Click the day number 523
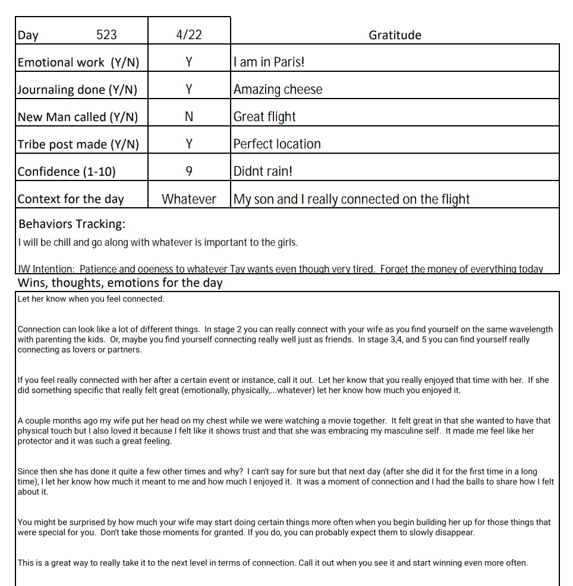point(106,35)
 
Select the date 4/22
point(189,35)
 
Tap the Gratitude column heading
point(395,35)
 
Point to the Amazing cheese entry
point(278,90)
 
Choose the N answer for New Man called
point(189,117)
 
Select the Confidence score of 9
point(189,172)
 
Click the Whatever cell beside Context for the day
point(189,199)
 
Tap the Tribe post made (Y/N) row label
point(78,144)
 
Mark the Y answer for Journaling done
point(189,90)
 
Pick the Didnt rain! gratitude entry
point(263,172)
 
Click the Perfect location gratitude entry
point(277,144)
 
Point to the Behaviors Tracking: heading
point(72,224)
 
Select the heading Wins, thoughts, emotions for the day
point(120,283)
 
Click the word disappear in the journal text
point(454,533)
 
